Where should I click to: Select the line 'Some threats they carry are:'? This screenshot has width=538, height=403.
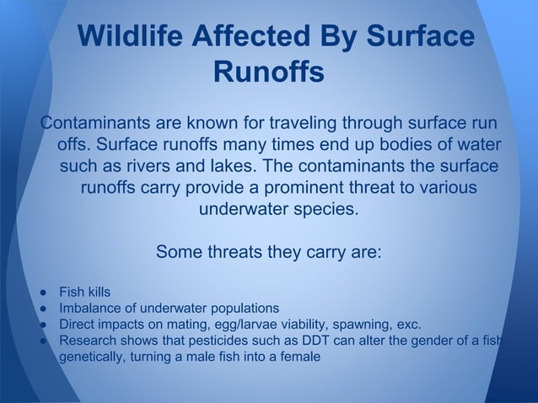[269, 252]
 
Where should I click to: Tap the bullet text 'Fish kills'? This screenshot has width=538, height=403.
[83, 293]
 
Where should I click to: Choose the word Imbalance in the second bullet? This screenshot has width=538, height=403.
[89, 309]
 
